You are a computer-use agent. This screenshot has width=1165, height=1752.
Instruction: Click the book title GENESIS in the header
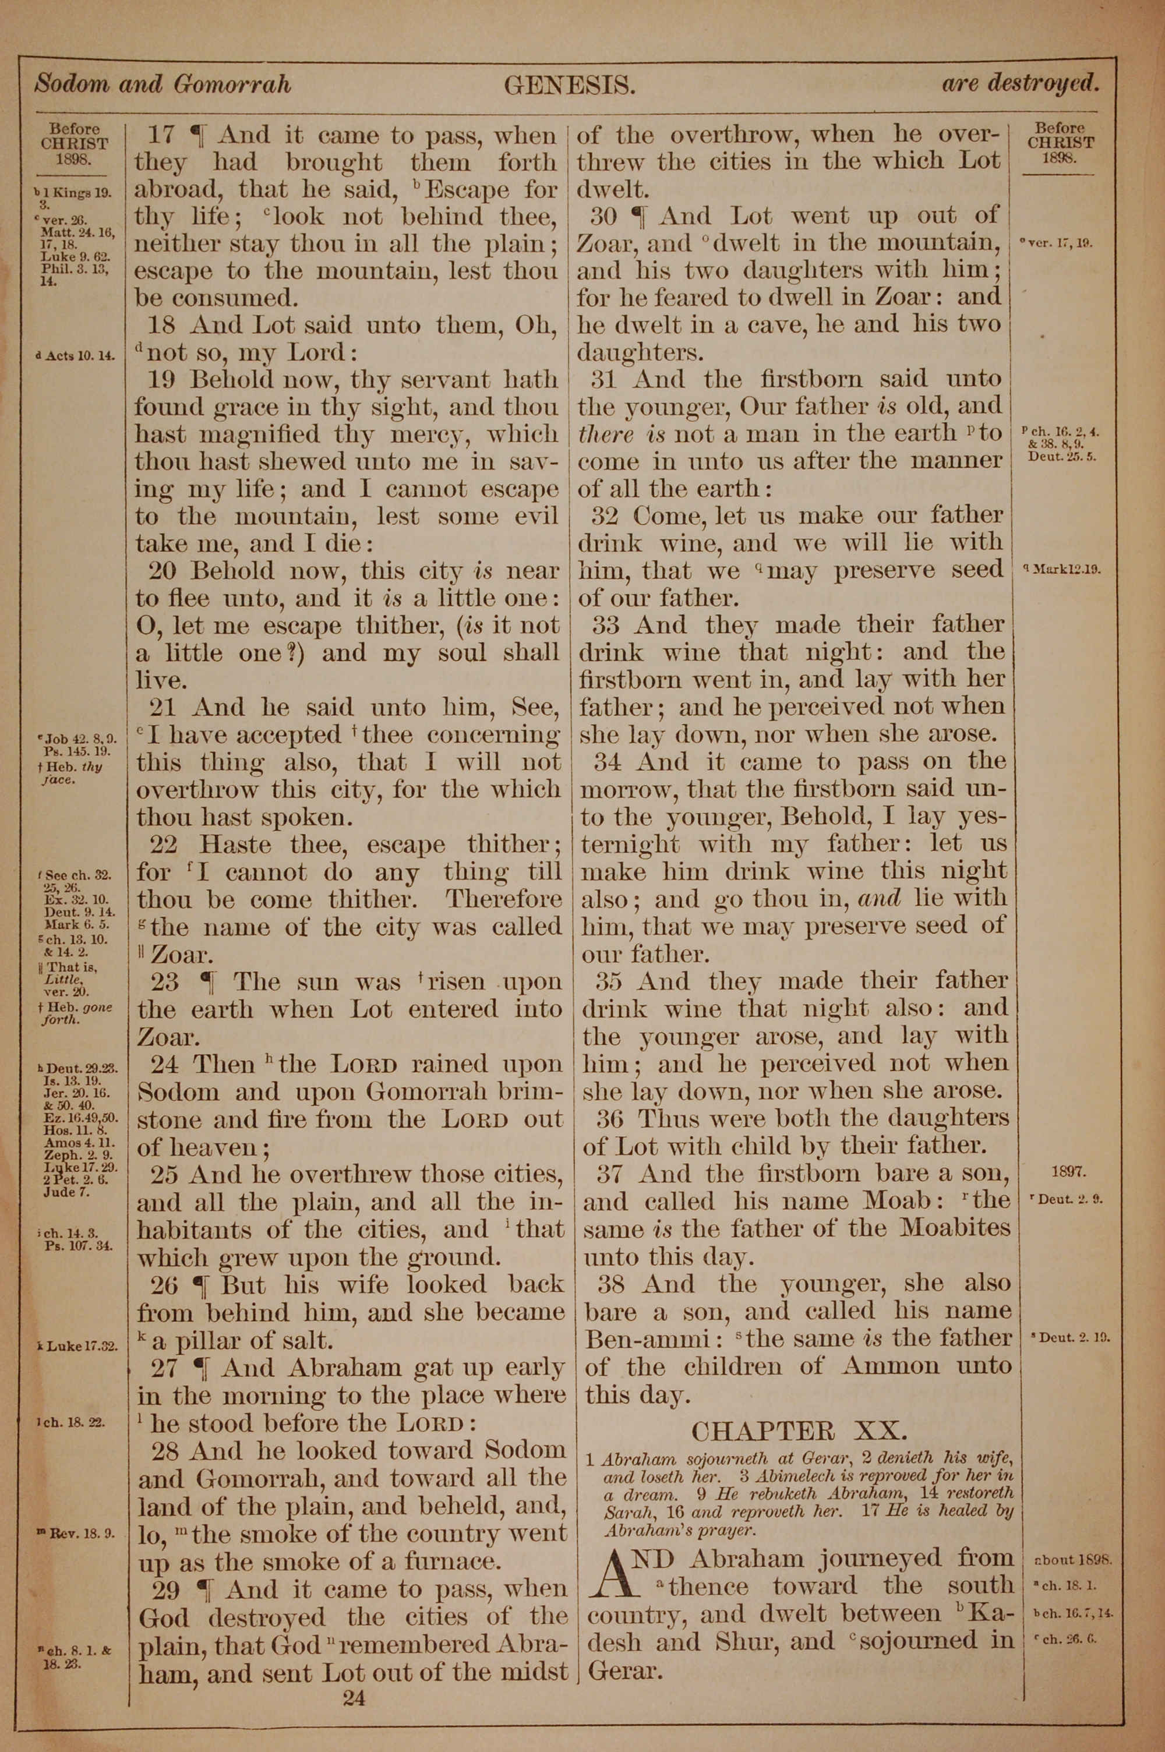(569, 87)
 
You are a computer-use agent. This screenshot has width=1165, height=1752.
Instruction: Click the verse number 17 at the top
(161, 135)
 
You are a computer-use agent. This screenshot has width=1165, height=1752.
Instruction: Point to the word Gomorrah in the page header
(232, 84)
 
